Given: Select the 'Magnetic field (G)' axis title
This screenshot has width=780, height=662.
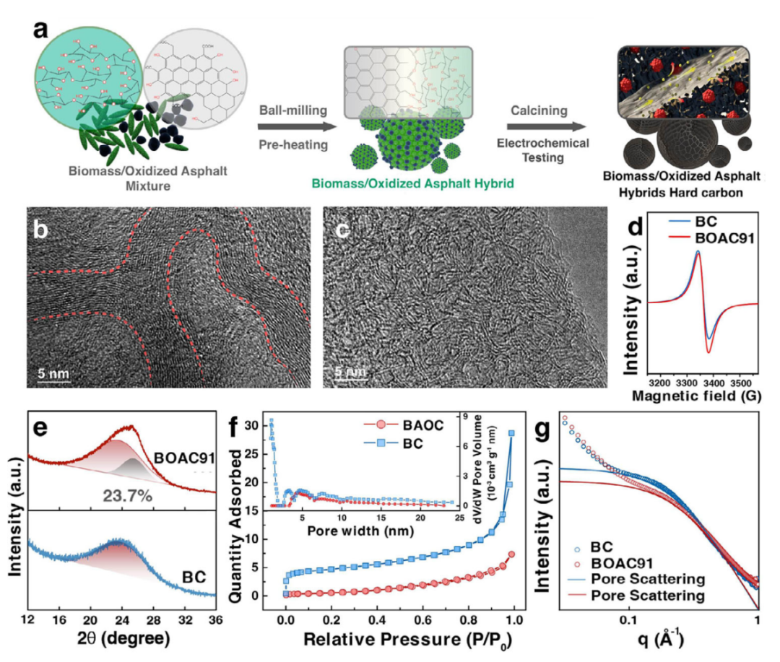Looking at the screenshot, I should (701, 396).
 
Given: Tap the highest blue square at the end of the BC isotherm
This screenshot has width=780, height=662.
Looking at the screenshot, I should (511, 434).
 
